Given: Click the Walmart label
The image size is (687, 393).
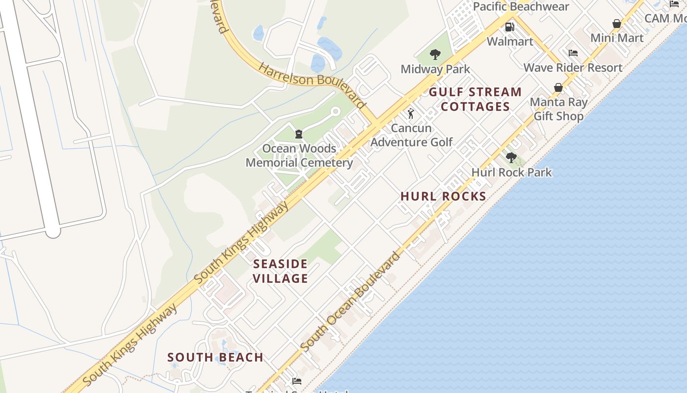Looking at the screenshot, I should (510, 41).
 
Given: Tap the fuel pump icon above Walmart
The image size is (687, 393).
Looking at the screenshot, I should (510, 27).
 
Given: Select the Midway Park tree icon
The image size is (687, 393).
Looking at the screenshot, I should (435, 55).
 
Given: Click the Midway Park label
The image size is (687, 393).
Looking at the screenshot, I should (435, 69).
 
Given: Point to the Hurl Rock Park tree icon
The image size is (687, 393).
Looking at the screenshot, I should (511, 158).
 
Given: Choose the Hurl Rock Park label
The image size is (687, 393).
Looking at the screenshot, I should (511, 172).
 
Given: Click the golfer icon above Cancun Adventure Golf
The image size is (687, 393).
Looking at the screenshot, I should (411, 114).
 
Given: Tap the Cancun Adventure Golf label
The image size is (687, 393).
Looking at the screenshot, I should (411, 135).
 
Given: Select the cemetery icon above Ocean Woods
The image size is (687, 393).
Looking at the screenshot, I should (298, 134).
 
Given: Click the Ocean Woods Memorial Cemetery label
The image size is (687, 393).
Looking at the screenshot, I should (299, 155).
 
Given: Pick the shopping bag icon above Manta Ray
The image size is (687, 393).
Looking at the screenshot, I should (558, 88).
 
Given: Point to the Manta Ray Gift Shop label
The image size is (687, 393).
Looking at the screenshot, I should (558, 109).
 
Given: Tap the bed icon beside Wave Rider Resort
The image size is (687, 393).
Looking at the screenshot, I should (573, 53).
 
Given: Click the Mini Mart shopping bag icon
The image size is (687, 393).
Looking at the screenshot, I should (617, 24).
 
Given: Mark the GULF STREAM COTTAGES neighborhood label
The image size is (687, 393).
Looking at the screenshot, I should (476, 99).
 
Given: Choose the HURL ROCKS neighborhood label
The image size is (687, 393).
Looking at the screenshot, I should (443, 196).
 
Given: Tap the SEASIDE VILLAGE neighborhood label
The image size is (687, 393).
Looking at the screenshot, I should (280, 271).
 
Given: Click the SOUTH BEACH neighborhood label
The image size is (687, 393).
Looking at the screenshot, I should (215, 357).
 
